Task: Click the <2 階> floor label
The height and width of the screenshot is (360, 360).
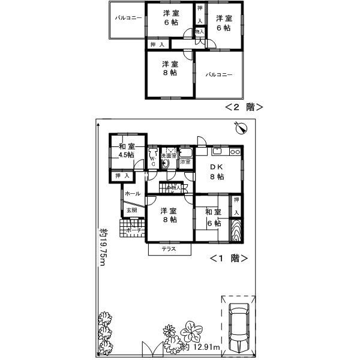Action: click(x=244, y=107)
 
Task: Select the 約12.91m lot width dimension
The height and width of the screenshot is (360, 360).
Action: click(x=200, y=347)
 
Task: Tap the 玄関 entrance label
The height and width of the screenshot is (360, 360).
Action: click(x=131, y=211)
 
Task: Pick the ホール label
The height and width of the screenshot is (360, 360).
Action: click(x=133, y=194)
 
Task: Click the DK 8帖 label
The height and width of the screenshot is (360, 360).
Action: click(x=217, y=172)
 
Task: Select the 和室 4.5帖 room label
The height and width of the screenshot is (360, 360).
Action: click(x=126, y=151)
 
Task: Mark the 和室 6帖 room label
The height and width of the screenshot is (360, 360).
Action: click(x=213, y=217)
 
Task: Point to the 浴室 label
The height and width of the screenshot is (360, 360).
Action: click(x=185, y=161)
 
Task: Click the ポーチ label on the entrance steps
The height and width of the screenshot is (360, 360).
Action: click(x=134, y=230)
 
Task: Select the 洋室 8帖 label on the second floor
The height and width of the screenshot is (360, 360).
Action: click(x=169, y=68)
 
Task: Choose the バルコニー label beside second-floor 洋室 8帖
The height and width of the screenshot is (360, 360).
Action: click(x=219, y=75)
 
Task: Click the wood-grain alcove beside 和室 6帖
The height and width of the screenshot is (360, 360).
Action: click(x=237, y=230)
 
